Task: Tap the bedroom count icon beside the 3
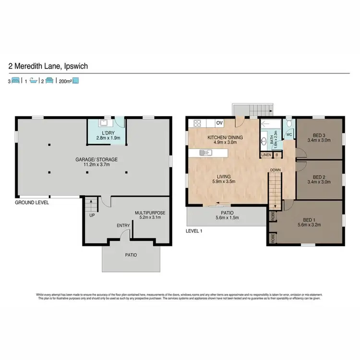point(16,81)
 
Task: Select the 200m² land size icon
point(75,81)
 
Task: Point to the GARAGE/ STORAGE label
point(96,159)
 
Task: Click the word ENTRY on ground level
point(123,225)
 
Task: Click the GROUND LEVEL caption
point(31,203)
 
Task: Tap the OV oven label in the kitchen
point(219,123)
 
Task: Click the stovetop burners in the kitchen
point(197,123)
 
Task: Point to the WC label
point(289,135)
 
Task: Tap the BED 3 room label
point(319,134)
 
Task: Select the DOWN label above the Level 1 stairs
point(275,169)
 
